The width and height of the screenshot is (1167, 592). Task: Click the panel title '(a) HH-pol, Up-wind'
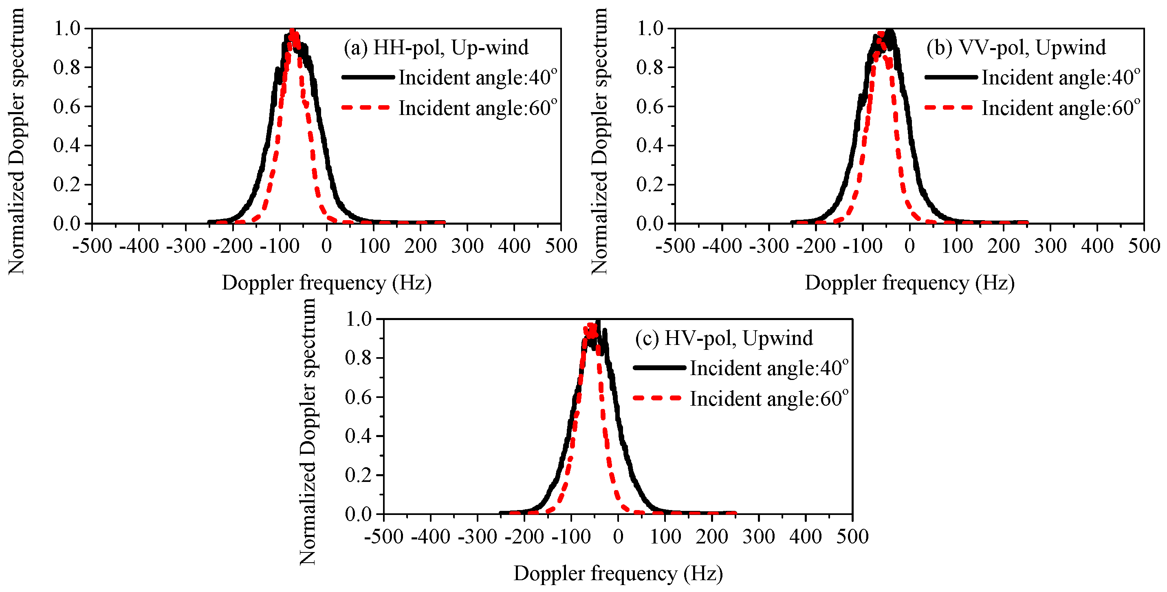coord(436,48)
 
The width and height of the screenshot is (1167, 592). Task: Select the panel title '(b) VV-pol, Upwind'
coord(1016,48)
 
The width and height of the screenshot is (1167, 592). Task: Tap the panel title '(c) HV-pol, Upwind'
coord(724,338)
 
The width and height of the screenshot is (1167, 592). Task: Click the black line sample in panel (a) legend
coord(368,77)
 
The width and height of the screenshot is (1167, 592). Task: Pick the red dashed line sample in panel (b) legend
coord(948,108)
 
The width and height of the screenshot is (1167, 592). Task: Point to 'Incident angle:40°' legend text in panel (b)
coord(1061,77)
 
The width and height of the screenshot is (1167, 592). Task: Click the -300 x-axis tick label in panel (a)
coord(186,246)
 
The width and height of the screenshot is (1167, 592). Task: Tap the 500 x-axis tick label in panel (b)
coord(1143,246)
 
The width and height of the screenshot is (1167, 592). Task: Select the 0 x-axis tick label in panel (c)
coord(618,537)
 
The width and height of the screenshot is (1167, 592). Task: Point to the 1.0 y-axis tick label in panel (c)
coord(358,319)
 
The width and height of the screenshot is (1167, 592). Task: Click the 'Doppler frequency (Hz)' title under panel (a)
coord(326,283)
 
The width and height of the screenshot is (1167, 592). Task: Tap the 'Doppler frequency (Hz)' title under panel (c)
coord(618,573)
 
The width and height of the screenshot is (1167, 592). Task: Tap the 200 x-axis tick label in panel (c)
coord(712,537)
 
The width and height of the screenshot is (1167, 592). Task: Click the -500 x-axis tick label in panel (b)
coord(675,246)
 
